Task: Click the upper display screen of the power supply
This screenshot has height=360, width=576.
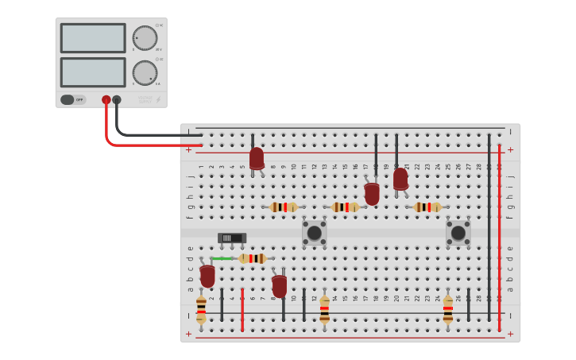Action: click(92, 38)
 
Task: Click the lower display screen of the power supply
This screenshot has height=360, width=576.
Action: click(92, 72)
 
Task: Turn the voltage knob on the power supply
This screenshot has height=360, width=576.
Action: click(145, 37)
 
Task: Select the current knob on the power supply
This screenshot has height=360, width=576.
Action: click(145, 72)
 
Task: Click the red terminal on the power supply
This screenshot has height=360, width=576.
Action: click(106, 100)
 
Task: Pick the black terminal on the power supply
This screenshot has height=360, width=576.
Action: click(117, 100)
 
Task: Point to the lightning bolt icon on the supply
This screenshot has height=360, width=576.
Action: click(158, 100)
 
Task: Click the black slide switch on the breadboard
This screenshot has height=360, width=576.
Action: click(232, 238)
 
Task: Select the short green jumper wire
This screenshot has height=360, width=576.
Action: click(222, 258)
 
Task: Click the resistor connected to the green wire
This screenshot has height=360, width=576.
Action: click(253, 258)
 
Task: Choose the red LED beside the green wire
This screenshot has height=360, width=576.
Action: click(207, 276)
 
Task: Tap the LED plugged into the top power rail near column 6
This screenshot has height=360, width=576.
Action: click(256, 158)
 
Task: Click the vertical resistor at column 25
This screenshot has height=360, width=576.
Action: click(448, 308)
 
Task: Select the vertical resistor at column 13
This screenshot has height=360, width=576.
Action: click(324, 308)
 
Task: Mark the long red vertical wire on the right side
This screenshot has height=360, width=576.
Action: click(499, 238)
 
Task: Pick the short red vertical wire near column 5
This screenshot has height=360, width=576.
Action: click(242, 310)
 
